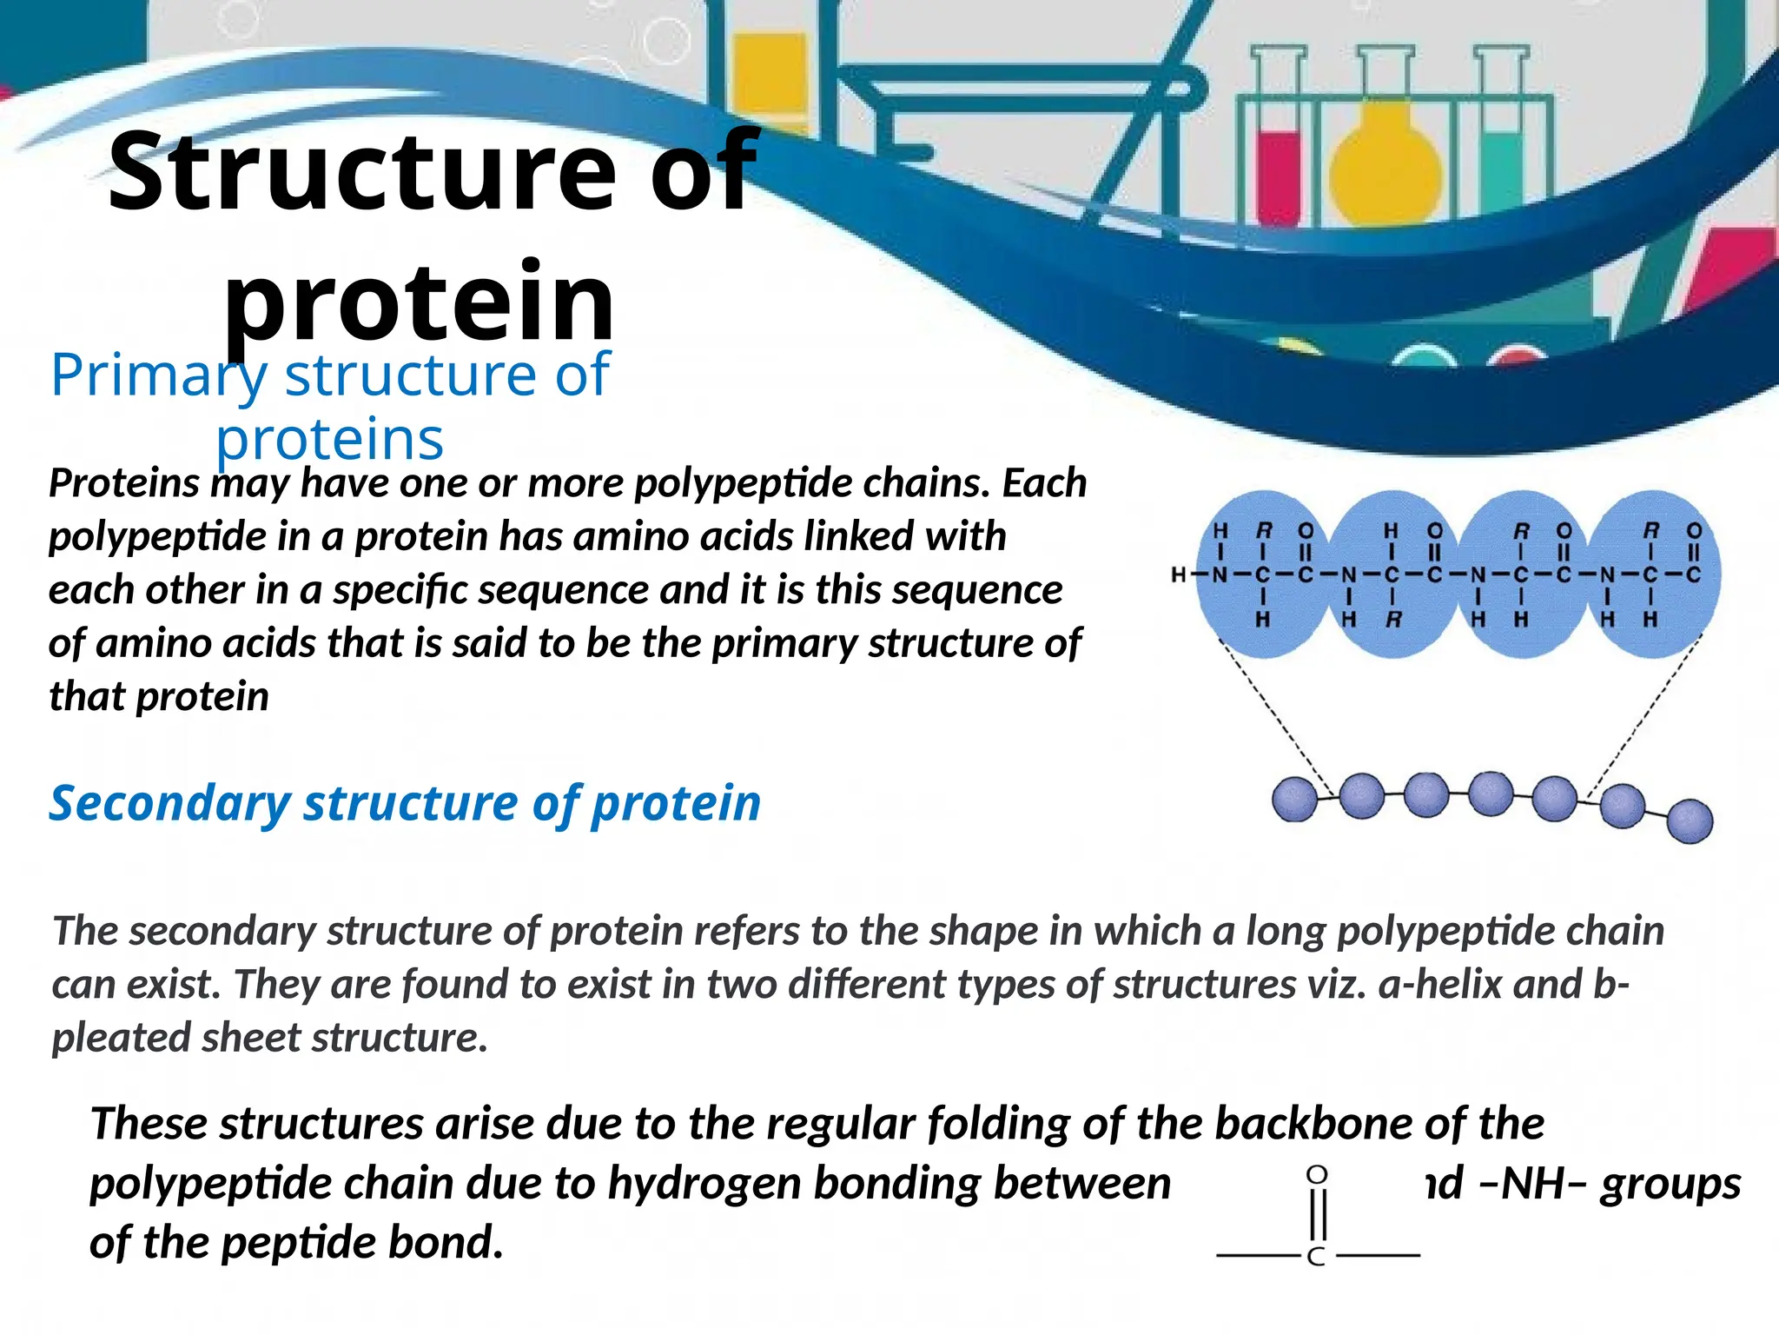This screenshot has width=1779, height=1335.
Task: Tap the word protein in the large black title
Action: point(420,302)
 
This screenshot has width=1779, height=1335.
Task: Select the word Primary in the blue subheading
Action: point(159,375)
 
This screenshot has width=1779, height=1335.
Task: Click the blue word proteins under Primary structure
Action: point(329,439)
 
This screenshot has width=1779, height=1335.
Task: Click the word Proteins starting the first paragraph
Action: point(123,483)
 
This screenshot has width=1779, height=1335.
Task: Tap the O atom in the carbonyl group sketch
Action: point(1317,1176)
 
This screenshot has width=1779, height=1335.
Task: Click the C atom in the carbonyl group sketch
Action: point(1316,1257)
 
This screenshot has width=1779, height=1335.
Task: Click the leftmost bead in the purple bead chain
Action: point(1294,800)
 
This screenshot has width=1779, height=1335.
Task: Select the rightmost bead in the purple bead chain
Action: point(1690,821)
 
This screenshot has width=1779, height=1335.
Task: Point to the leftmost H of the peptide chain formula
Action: point(1179,575)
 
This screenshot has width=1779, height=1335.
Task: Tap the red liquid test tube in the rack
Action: point(1279,169)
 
